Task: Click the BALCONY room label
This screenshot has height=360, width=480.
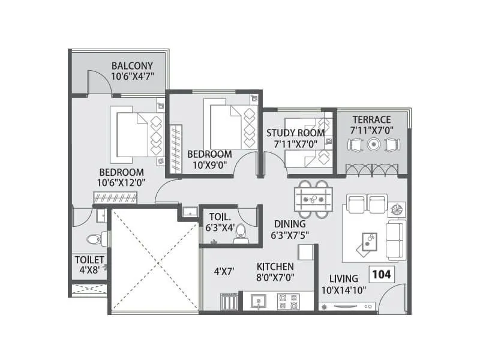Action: coord(132,65)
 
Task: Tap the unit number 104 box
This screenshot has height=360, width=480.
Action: coord(382,275)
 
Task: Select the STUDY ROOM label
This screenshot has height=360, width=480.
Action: coord(295,133)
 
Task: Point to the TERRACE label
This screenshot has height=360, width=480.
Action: coord(371,119)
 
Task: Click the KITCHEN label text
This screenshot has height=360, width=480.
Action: coord(275,266)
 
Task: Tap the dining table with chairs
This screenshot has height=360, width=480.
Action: coord(314,197)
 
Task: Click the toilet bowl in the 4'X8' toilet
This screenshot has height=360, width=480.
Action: coord(93,239)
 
